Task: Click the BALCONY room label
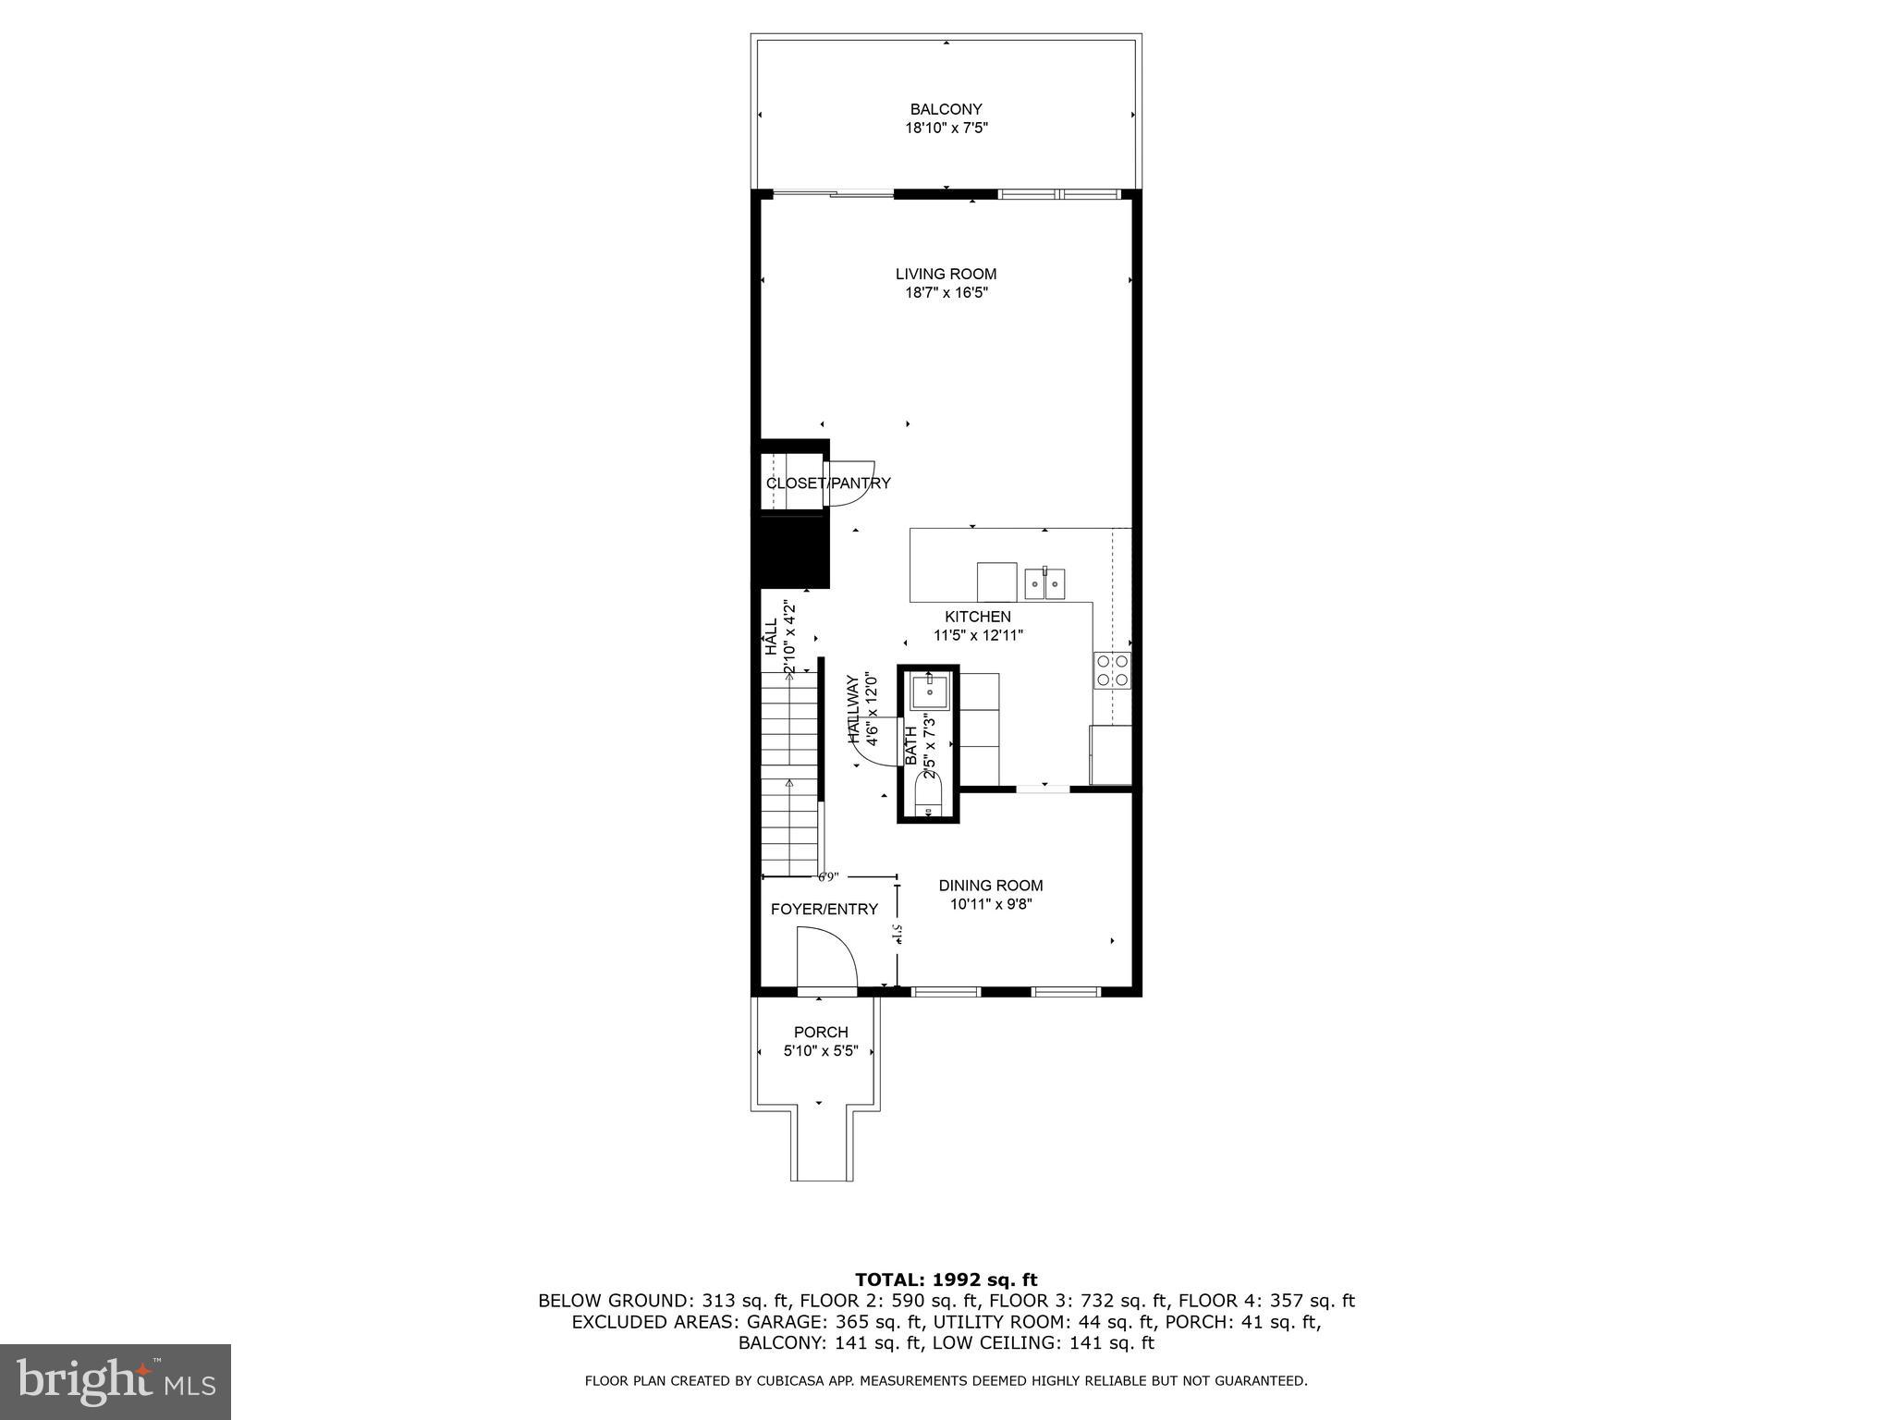tap(946, 109)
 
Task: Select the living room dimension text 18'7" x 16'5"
tap(946, 293)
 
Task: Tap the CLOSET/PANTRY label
tap(828, 483)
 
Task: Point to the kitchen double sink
tap(1044, 583)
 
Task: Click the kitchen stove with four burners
tap(1112, 670)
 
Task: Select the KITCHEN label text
tap(977, 617)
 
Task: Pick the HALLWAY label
tap(853, 709)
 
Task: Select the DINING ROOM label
tap(991, 886)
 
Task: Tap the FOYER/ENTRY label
tap(824, 910)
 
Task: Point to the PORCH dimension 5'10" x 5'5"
tap(821, 1051)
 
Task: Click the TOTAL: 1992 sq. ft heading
tap(946, 1280)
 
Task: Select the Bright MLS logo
tap(116, 1381)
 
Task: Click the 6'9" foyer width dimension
tap(827, 876)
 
